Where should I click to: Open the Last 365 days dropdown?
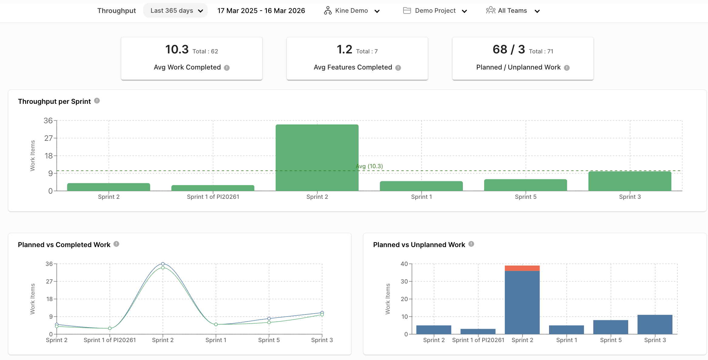(x=176, y=11)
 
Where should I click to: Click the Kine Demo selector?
(x=352, y=11)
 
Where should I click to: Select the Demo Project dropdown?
(x=435, y=11)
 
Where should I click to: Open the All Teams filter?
(x=513, y=11)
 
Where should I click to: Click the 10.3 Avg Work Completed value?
(x=177, y=49)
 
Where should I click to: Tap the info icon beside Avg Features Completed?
(x=398, y=68)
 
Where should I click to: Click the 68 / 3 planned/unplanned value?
(x=509, y=49)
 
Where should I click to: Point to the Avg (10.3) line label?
(x=369, y=166)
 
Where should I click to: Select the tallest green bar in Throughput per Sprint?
(x=317, y=158)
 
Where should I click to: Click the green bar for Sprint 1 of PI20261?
(x=213, y=188)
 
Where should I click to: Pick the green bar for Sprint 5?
(x=525, y=185)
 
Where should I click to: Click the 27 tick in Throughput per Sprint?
(x=49, y=138)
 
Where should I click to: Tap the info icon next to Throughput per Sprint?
(x=97, y=101)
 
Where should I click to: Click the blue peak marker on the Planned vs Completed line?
(x=163, y=264)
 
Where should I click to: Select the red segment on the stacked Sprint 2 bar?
(x=522, y=268)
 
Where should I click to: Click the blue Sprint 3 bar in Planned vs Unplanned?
(x=655, y=324)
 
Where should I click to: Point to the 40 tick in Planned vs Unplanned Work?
(x=404, y=264)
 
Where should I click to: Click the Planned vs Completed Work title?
(x=64, y=245)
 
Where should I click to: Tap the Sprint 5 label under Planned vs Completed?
(x=269, y=340)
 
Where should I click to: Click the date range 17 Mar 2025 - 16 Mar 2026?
(x=261, y=11)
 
